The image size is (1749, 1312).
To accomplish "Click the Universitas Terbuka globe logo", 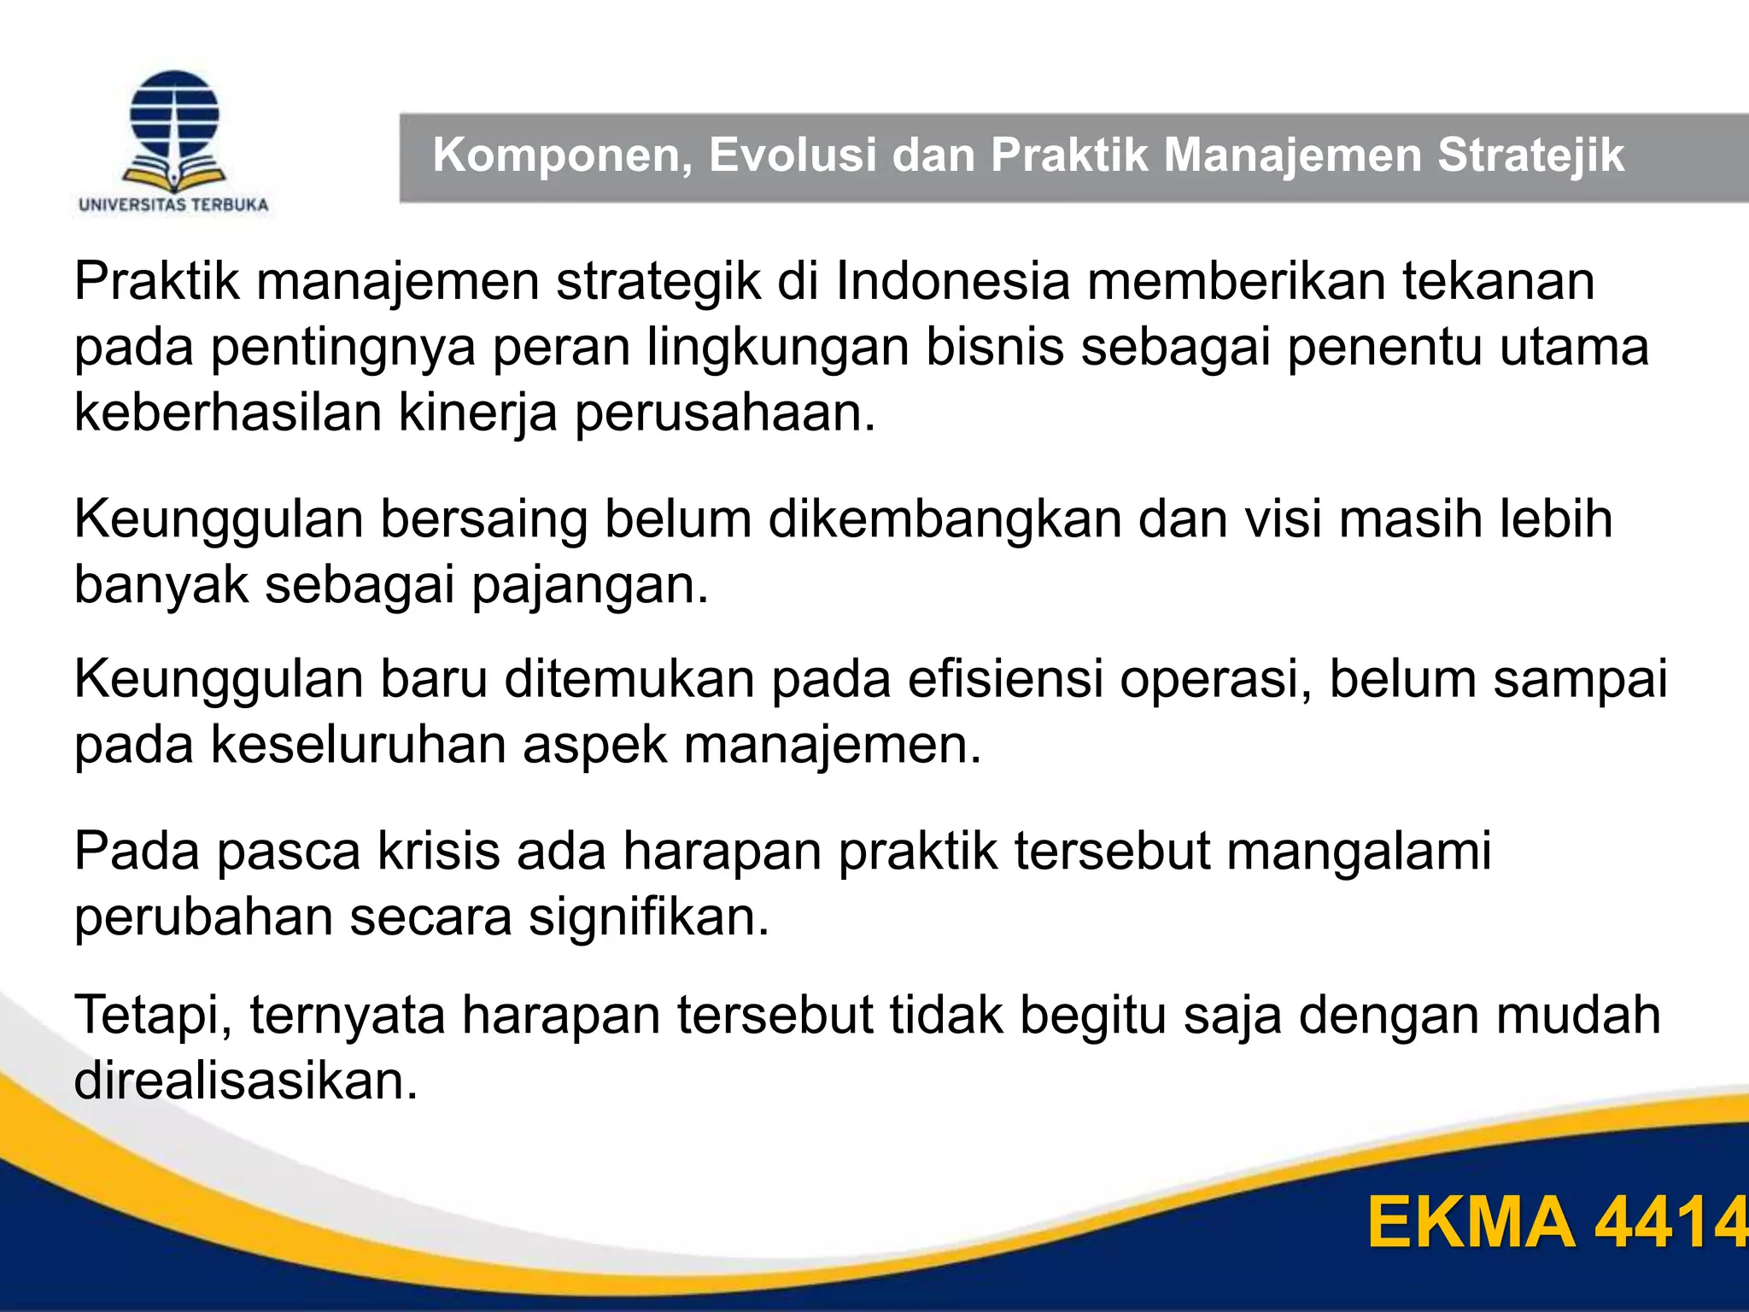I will (174, 130).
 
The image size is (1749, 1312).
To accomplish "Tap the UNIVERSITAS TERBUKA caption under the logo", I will (173, 205).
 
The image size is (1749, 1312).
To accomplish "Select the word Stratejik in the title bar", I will (1530, 155).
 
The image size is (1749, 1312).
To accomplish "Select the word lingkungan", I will (777, 348).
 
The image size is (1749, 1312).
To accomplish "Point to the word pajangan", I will (590, 586).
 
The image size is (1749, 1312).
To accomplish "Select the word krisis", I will (439, 852).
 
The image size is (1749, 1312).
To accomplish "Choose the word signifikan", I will (649, 917).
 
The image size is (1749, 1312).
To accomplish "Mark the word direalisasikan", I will (246, 1081).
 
